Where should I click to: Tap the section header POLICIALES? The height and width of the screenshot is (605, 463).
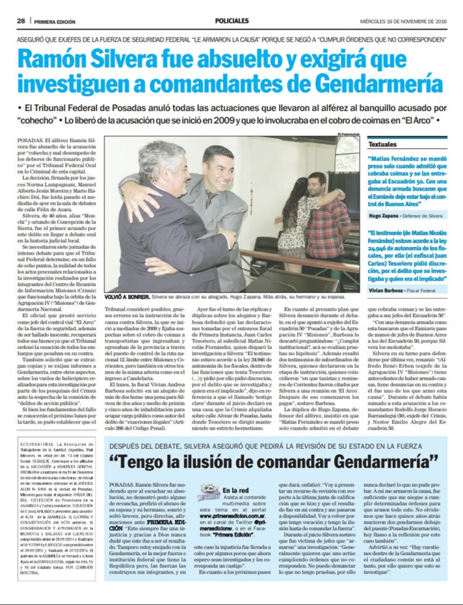(x=231, y=21)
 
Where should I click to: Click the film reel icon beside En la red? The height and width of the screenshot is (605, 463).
(x=208, y=491)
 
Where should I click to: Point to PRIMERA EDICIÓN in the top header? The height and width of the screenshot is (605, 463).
(x=55, y=22)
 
